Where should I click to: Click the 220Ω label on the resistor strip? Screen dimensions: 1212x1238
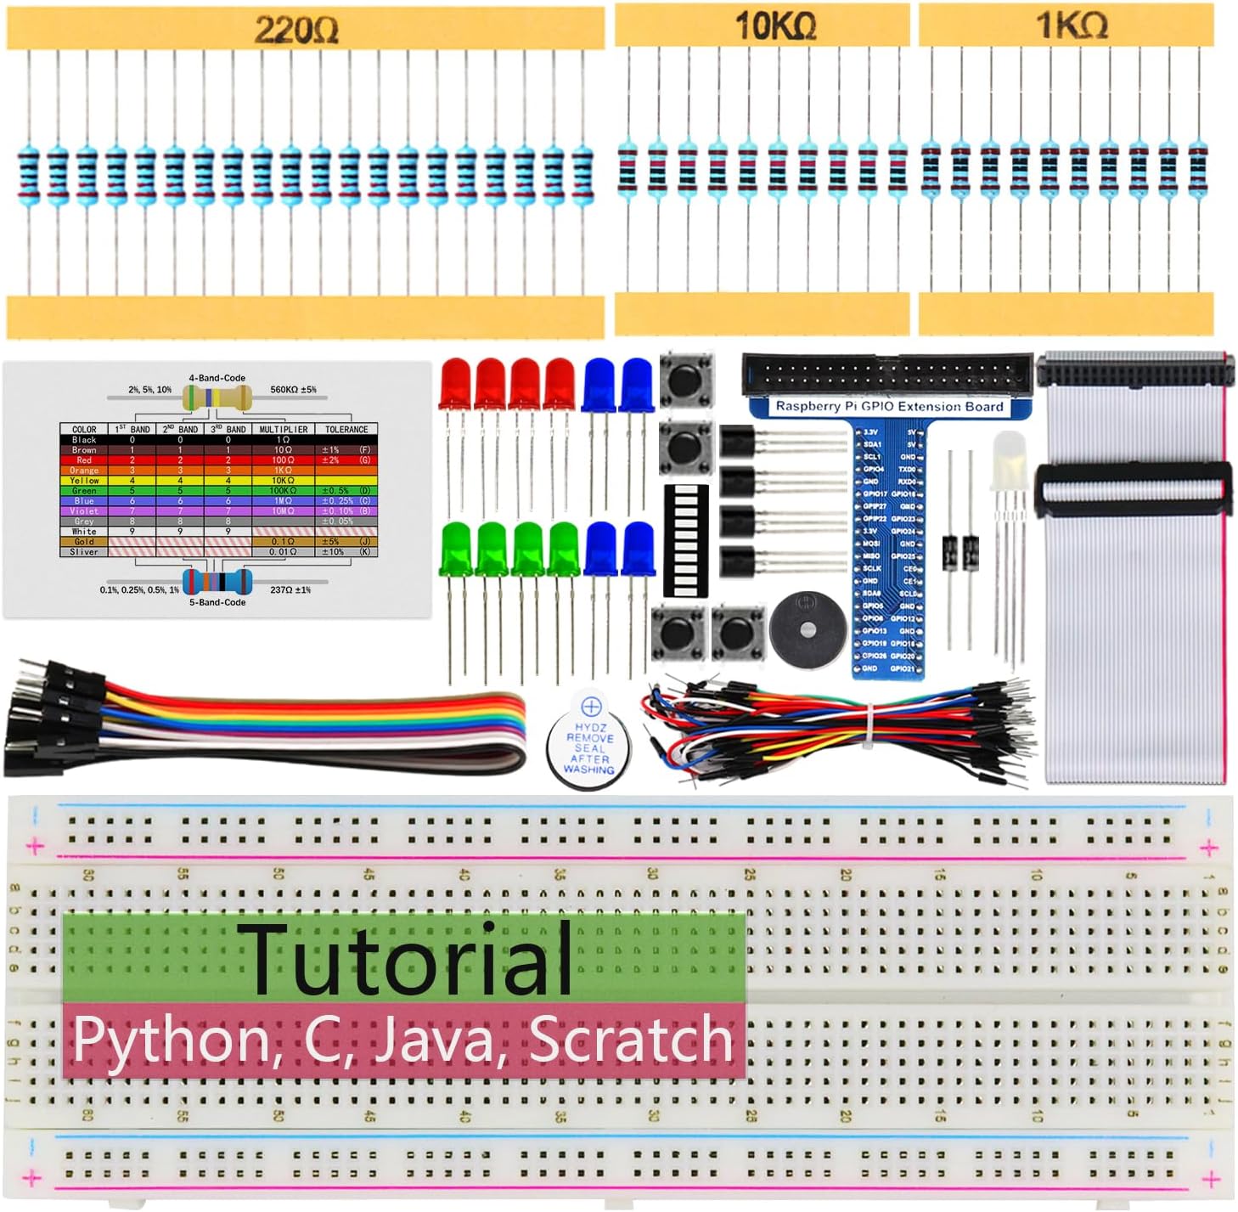coord(296,30)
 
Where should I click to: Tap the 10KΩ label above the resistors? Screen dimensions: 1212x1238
coord(774,25)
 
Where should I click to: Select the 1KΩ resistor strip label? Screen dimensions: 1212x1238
coord(1071,25)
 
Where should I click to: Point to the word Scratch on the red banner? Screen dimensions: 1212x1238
coord(630,1040)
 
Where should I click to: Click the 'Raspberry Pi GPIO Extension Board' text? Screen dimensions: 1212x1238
coord(889,407)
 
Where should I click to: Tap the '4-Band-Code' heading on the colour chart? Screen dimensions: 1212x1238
coord(217,378)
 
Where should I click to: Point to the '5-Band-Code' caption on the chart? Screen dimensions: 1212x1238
coord(217,602)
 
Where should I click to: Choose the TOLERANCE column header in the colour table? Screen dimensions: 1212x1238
coord(346,429)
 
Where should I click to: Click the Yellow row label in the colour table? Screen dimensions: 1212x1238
coord(84,481)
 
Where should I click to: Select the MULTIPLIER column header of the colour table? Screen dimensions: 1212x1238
coord(284,429)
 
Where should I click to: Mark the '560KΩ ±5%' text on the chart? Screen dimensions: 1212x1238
coord(293,390)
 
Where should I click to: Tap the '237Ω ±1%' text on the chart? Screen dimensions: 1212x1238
coord(290,589)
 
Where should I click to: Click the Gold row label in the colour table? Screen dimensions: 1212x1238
coord(84,542)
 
